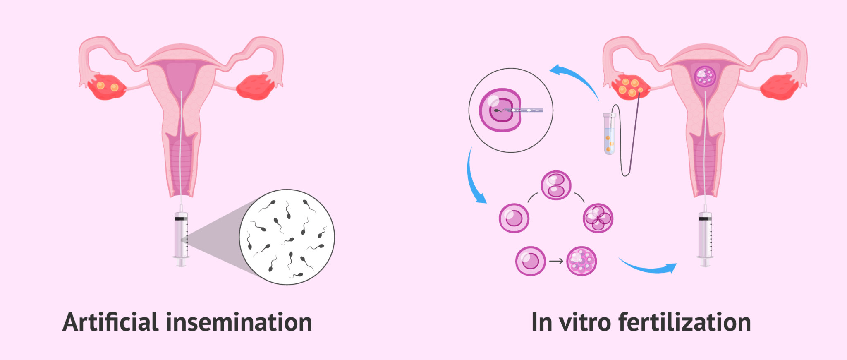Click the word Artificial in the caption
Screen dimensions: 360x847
tap(110, 322)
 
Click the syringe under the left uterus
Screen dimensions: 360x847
tap(181, 238)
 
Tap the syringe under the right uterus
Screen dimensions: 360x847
tap(705, 238)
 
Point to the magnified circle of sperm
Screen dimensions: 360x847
tap(287, 237)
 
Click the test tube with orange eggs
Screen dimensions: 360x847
tap(609, 134)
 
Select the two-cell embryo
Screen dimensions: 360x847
tap(556, 185)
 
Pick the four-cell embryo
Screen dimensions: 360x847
tap(598, 218)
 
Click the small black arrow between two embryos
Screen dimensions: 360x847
tap(556, 261)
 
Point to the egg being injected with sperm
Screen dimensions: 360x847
tap(500, 110)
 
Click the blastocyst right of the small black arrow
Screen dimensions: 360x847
tap(581, 261)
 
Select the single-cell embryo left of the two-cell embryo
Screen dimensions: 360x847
tap(514, 218)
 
